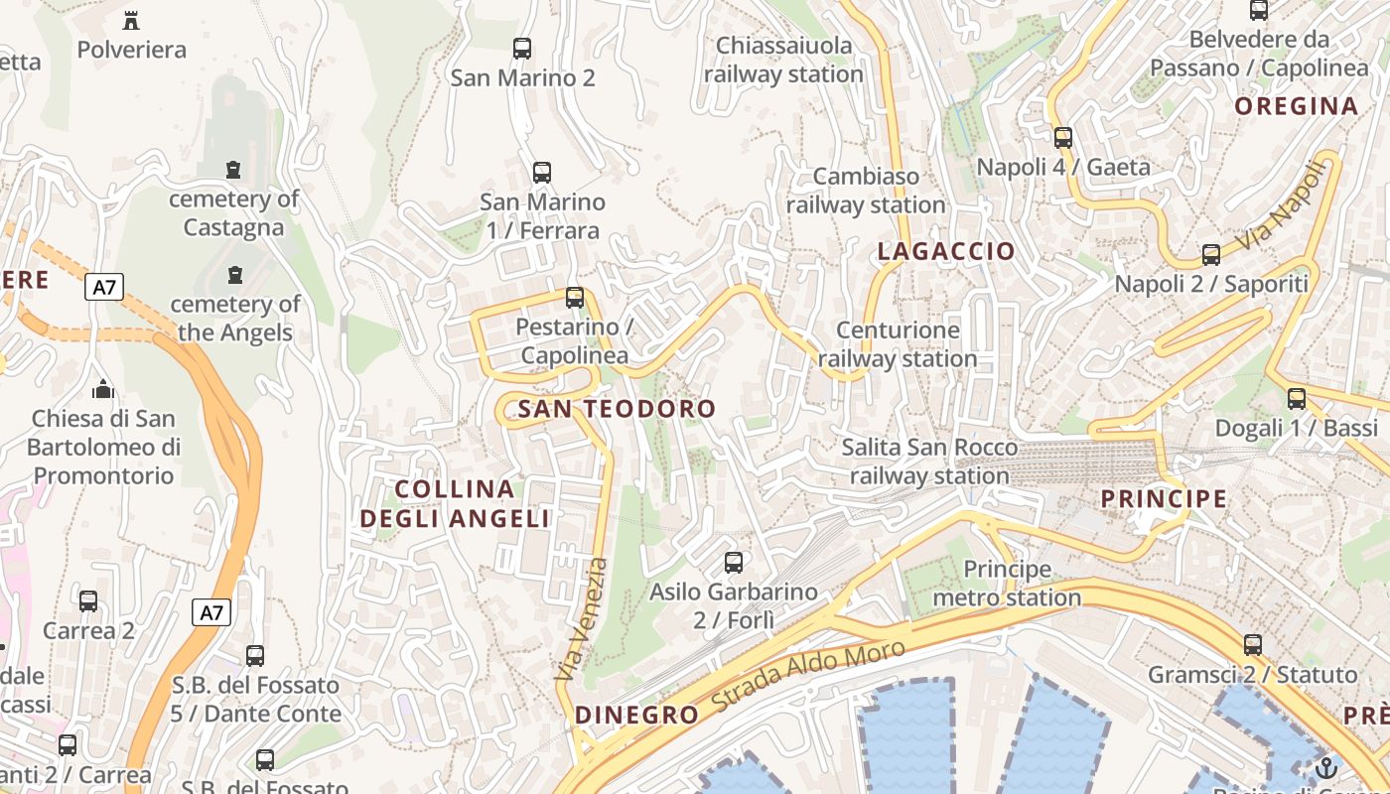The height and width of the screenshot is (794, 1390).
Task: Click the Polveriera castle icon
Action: tap(130, 19)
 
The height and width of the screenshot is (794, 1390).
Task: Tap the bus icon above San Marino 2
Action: tap(521, 48)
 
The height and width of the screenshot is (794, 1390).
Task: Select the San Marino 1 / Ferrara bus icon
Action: tap(541, 172)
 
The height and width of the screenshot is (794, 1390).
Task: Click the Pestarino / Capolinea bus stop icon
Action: tap(574, 297)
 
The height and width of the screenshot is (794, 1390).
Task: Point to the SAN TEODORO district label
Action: tap(617, 408)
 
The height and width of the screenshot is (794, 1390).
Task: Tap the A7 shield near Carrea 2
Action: tap(210, 612)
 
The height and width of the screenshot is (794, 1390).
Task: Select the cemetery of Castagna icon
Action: tap(233, 170)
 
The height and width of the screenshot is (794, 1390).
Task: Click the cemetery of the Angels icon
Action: tap(235, 274)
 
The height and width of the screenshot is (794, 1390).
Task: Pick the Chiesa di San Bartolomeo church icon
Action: tap(102, 389)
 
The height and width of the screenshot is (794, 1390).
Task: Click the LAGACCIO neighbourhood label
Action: tap(945, 251)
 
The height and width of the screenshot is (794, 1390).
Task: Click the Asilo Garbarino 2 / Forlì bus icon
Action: tap(734, 563)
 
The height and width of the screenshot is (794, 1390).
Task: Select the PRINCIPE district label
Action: tap(1164, 498)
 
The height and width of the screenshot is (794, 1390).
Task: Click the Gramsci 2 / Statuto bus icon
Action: tap(1253, 645)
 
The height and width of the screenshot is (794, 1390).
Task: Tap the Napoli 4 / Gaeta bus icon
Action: tap(1063, 138)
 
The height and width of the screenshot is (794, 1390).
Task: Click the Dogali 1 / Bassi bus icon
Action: tap(1297, 399)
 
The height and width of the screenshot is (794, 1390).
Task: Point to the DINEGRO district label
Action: tap(636, 715)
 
